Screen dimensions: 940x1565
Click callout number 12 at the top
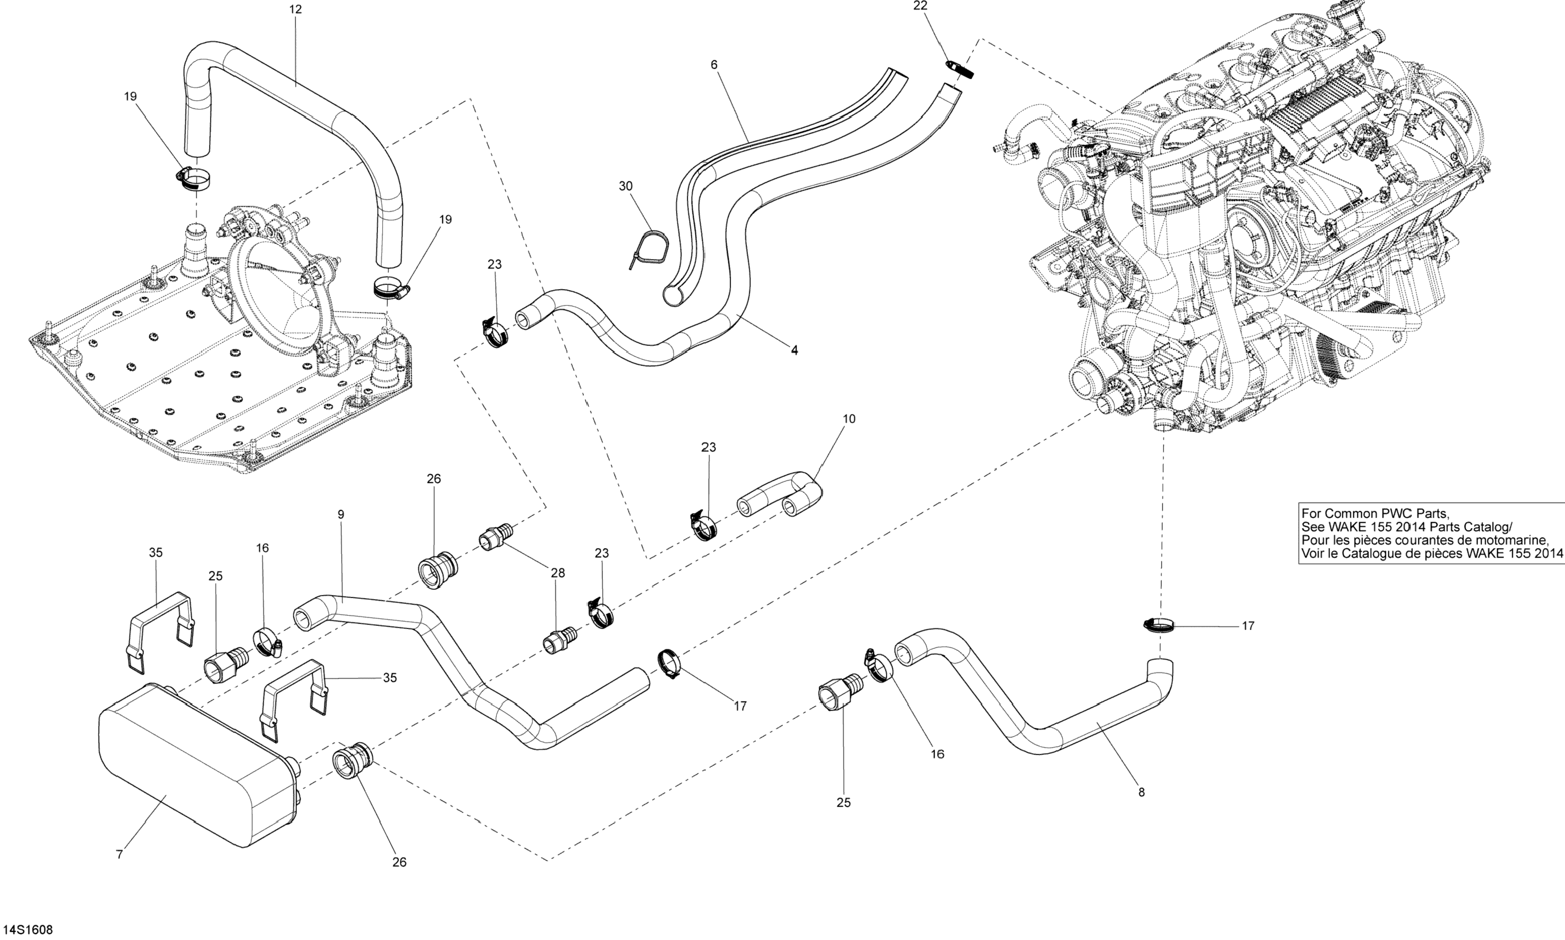(x=295, y=10)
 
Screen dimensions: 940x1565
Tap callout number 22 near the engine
(x=920, y=6)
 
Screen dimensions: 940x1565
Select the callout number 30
(x=625, y=186)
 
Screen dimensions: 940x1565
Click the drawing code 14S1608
(x=26, y=930)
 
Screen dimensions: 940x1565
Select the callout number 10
(x=849, y=419)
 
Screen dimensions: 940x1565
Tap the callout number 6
(x=714, y=65)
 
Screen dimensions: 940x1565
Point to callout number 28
(x=557, y=573)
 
